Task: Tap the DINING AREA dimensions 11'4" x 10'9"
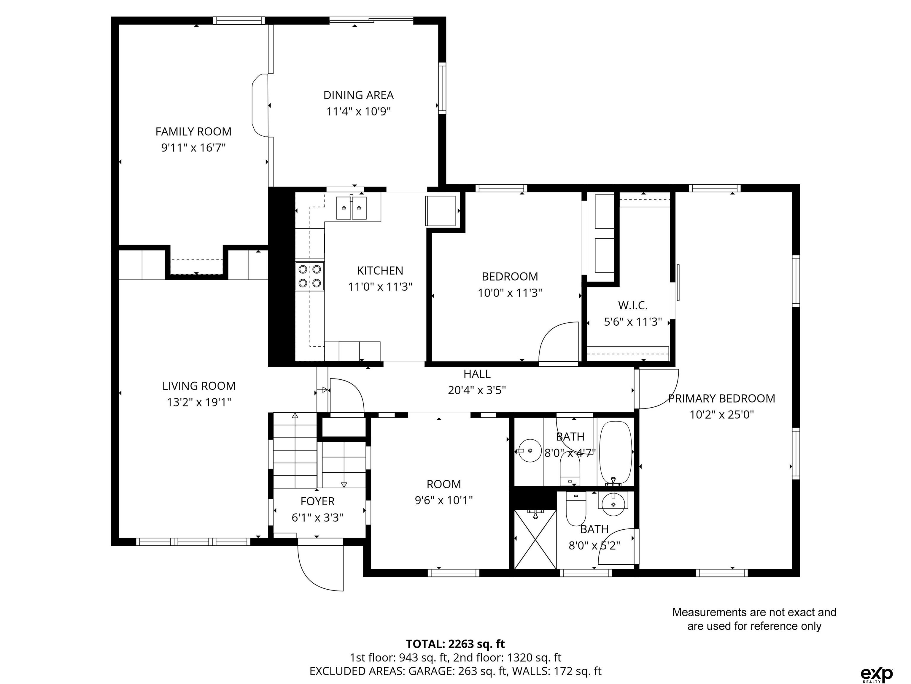point(358,112)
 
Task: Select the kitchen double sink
point(351,208)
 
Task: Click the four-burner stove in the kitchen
point(310,276)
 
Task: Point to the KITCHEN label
point(380,271)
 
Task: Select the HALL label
point(477,374)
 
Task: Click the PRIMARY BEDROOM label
point(721,398)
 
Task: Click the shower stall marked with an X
point(535,539)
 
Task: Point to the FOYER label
point(317,501)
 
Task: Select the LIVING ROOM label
point(199,386)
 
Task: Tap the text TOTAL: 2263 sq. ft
point(456,644)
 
